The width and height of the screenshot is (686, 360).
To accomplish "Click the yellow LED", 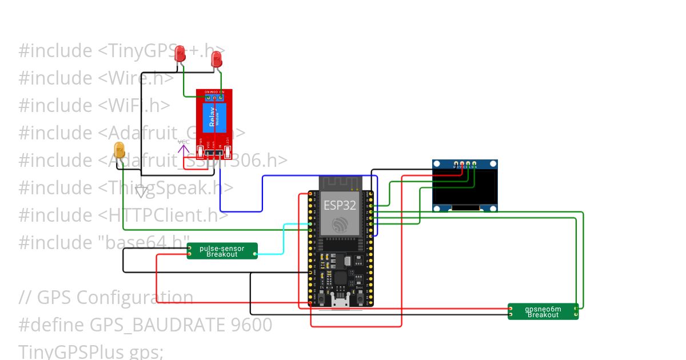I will (x=119, y=150).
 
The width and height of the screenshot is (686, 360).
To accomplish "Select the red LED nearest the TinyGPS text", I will (x=180, y=54).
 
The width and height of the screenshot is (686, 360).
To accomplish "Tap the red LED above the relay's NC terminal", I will (x=217, y=58).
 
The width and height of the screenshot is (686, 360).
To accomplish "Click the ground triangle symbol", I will (x=141, y=192).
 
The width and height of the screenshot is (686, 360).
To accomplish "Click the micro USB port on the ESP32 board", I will (x=341, y=301).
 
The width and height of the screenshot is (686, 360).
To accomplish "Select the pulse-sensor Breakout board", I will (x=222, y=251).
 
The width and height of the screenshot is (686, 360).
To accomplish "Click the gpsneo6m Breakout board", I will (x=543, y=311).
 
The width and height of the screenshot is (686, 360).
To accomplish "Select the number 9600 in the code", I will (x=252, y=325).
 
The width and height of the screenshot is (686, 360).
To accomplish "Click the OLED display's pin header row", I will (x=465, y=164).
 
